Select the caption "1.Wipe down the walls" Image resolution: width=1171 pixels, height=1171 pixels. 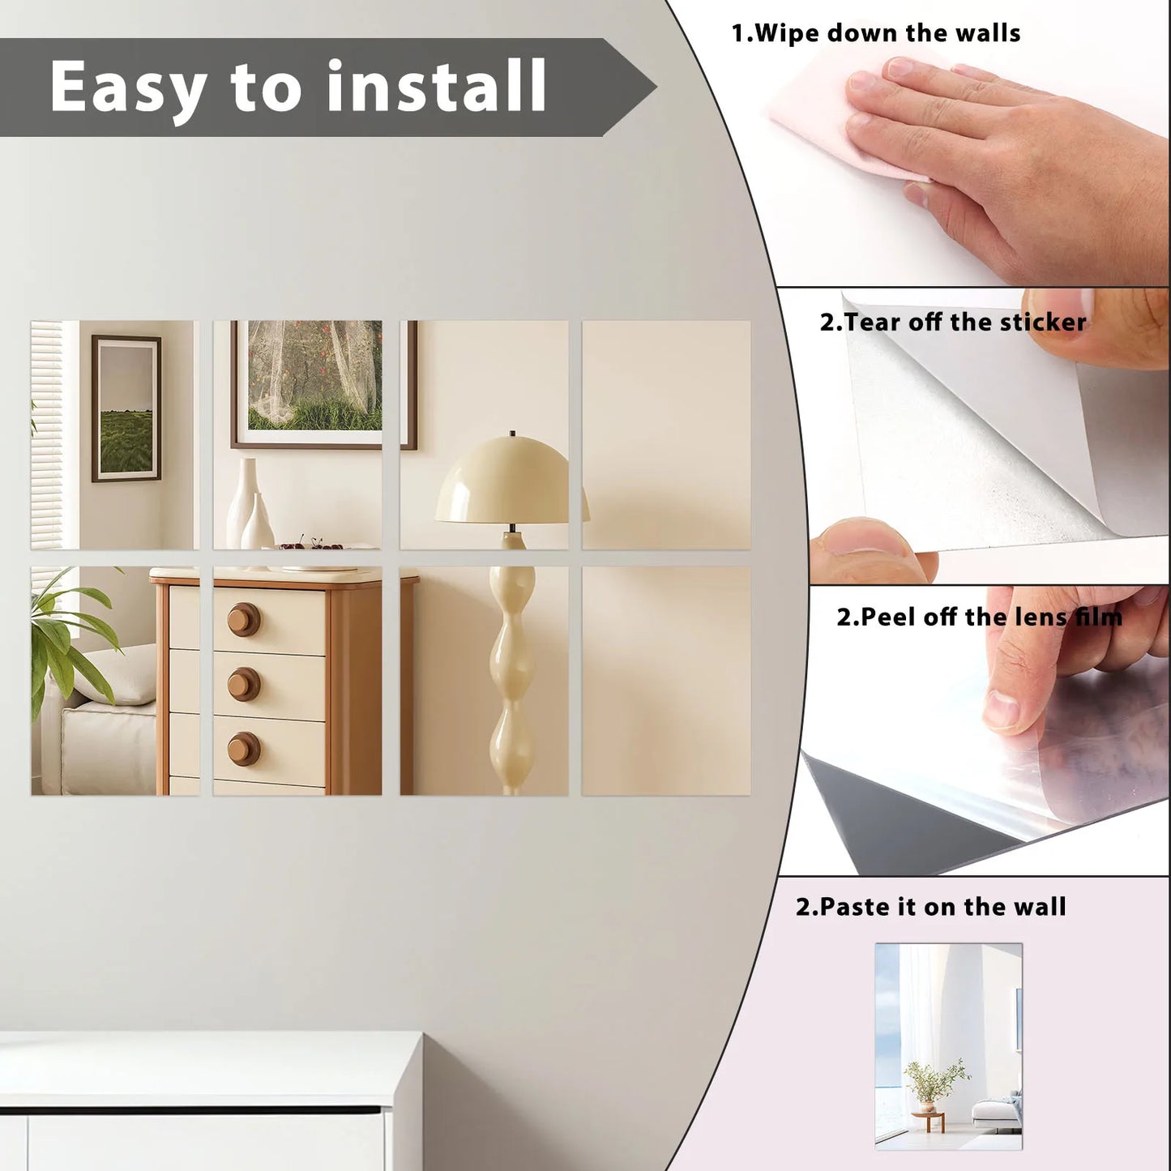[875, 33]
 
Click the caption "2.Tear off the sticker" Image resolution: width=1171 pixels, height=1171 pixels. [952, 323]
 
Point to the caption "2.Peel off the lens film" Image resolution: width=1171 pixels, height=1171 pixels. [979, 618]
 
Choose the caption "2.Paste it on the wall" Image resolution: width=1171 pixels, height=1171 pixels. [930, 907]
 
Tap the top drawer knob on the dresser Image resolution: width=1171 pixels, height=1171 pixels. [243, 620]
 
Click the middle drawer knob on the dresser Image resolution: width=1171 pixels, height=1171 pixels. [244, 685]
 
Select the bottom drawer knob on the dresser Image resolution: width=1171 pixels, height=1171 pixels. [243, 749]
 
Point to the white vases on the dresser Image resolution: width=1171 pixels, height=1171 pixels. [248, 507]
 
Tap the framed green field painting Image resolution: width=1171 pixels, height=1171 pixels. [126, 409]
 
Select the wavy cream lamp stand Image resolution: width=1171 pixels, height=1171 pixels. [512, 665]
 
